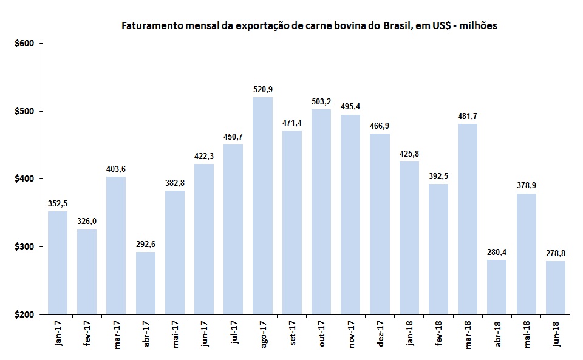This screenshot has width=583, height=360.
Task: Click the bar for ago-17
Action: coord(262,206)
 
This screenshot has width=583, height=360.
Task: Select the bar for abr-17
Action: coord(145,283)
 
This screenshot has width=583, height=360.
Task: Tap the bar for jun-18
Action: coord(556,288)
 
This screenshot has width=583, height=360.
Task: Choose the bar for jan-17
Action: coord(57,263)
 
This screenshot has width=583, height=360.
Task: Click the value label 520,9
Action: coord(262,90)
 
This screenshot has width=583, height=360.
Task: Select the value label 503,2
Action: coord(321,102)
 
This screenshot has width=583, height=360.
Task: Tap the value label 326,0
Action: coord(86,222)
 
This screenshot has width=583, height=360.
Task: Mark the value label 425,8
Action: coord(409,154)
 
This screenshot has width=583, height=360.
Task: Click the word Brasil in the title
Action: coord(398,26)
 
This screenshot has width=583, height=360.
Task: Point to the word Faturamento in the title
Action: coord(150,26)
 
